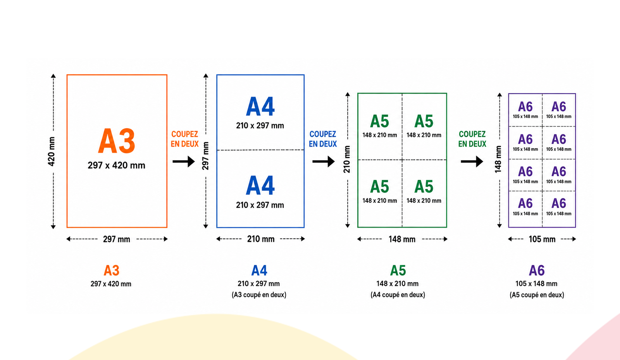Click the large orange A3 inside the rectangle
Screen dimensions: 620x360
tap(117, 141)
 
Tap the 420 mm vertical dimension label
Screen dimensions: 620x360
tap(52, 152)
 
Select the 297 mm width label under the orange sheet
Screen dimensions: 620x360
tap(117, 239)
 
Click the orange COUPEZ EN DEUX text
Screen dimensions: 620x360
tap(184, 139)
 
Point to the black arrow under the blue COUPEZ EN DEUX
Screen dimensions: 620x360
tap(324, 162)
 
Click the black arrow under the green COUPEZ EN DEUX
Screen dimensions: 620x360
tap(472, 162)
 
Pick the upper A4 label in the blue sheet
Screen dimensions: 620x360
tap(260, 107)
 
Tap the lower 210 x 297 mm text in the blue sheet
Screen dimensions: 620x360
tap(260, 205)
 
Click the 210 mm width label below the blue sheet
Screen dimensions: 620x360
tap(261, 239)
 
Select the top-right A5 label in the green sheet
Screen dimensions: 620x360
tap(424, 121)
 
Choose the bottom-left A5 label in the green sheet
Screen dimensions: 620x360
tap(379, 187)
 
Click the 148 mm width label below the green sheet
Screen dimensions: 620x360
tap(402, 239)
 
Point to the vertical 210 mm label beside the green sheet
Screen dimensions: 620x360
tap(347, 159)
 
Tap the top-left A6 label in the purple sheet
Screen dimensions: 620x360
tap(525, 107)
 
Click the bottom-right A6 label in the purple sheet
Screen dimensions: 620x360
tap(559, 204)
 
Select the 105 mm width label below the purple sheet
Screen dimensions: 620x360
tap(542, 239)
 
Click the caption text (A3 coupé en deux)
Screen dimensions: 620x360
tap(259, 295)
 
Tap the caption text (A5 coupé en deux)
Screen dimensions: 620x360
tap(537, 295)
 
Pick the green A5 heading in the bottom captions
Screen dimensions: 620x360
tap(398, 270)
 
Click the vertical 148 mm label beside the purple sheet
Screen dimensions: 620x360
tap(498, 159)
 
